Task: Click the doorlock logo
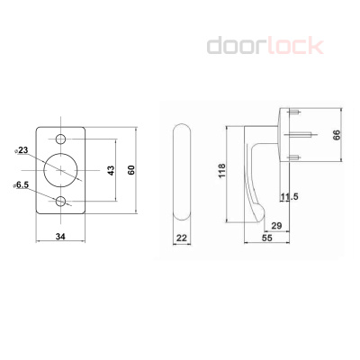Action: [265, 45]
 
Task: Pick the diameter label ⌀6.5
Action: [22, 185]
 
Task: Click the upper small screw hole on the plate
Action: [62, 139]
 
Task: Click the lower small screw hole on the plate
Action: [62, 202]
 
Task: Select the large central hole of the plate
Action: [62, 170]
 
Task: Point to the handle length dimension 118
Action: [222, 170]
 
